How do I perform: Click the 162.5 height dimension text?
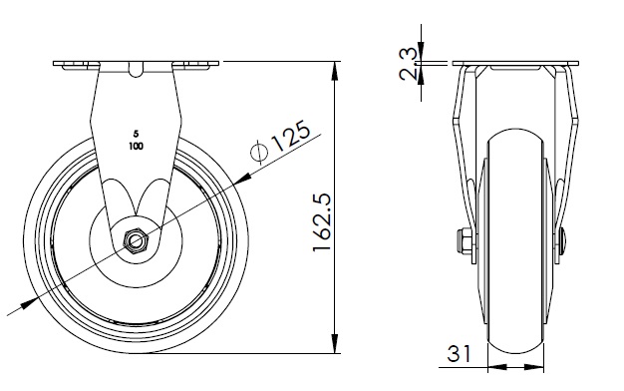(322, 221)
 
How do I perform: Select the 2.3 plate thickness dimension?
(409, 64)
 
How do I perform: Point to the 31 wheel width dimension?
(459, 353)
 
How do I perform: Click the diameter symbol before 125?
(259, 152)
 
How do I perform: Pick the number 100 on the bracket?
(137, 147)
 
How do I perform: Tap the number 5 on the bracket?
(137, 134)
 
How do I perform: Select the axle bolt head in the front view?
(465, 241)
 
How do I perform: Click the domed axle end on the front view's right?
(563, 241)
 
